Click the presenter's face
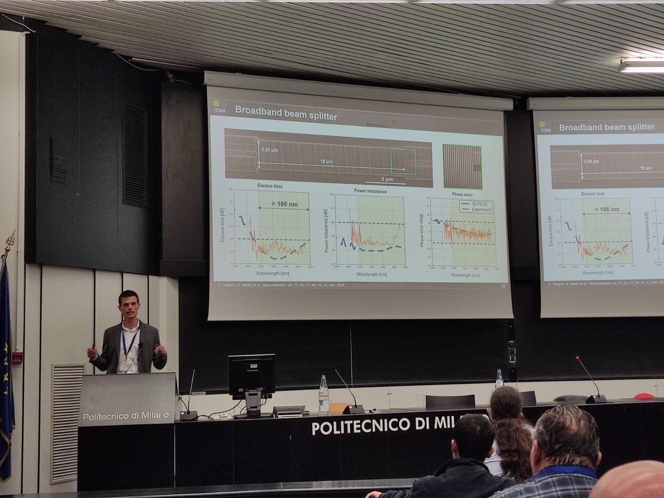coord(129,306)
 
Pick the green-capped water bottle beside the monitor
coord(324,396)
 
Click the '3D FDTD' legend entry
coord(479,204)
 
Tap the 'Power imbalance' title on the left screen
coord(370,191)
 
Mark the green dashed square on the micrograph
coord(403,162)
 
